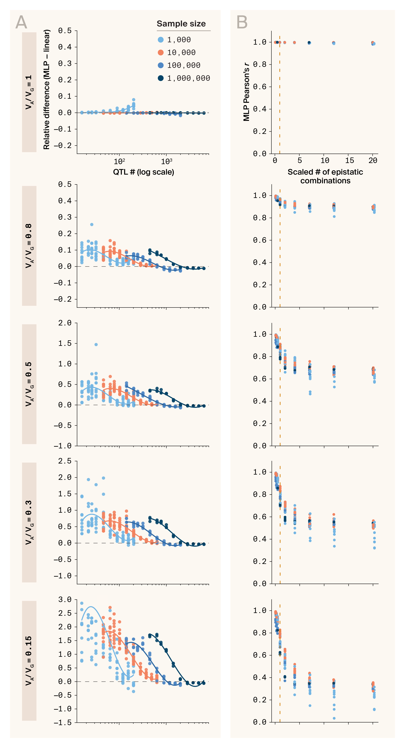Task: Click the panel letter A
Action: [21, 22]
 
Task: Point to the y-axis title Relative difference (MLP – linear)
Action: [47, 89]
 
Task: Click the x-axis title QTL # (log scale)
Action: [144, 172]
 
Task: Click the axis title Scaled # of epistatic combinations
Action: [325, 176]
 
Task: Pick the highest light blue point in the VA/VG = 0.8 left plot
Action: [92, 224]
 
